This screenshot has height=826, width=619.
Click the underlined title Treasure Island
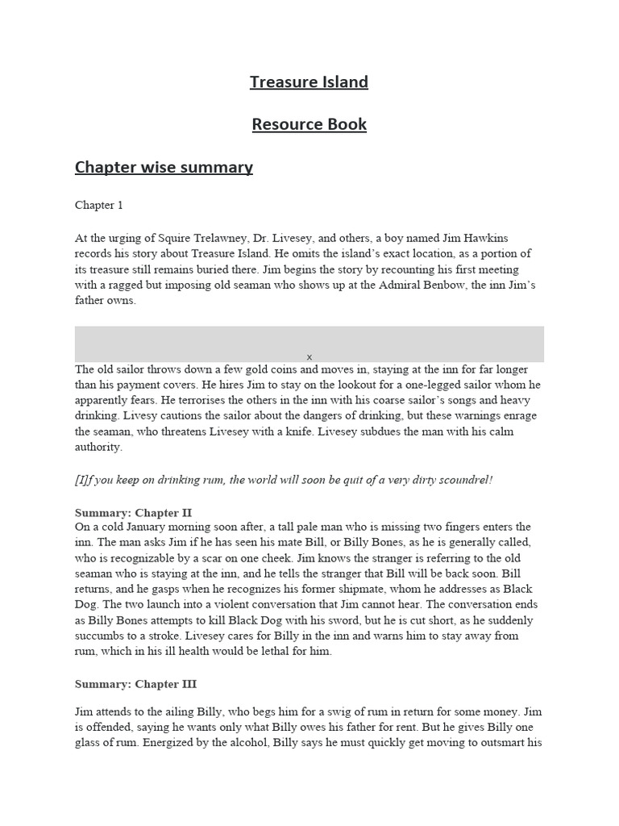(309, 82)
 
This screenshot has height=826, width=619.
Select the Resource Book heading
(309, 124)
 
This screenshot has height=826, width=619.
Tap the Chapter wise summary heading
(164, 167)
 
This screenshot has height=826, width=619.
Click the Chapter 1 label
(99, 205)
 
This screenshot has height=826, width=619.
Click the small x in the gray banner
(309, 357)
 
